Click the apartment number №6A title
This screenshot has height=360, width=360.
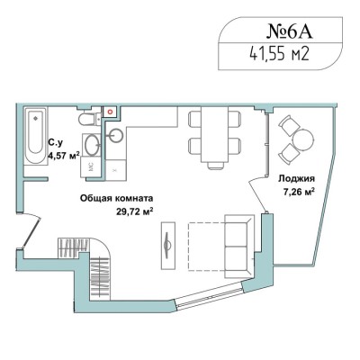click(x=290, y=31)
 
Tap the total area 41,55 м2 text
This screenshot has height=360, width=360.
click(x=279, y=55)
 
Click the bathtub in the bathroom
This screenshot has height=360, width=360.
click(x=36, y=137)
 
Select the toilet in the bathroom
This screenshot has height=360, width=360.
click(x=90, y=119)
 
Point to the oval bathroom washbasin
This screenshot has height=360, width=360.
click(x=92, y=145)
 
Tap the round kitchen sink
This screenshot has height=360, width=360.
click(x=115, y=135)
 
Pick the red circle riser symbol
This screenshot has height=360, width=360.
click(x=111, y=112)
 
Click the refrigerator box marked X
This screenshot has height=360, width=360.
click(x=116, y=170)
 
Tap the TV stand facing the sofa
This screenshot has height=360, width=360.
click(x=168, y=245)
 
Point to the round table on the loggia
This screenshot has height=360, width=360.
click(x=303, y=139)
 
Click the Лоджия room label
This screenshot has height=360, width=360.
click(x=296, y=179)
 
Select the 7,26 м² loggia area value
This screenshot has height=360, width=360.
click(x=299, y=192)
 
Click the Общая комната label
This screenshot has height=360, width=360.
click(x=116, y=198)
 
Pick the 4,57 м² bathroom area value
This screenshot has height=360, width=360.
click(x=64, y=156)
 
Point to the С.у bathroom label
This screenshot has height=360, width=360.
click(x=56, y=143)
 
